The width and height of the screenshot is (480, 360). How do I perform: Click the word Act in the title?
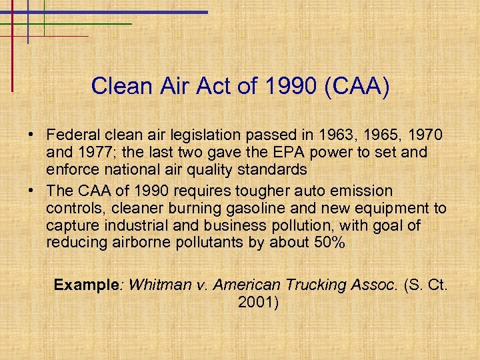[220, 86]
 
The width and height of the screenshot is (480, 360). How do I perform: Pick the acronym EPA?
[295, 153]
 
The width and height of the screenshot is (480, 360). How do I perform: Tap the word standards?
[272, 169]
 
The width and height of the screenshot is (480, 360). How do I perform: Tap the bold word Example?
[86, 285]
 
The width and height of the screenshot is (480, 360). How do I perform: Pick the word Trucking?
[317, 285]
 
